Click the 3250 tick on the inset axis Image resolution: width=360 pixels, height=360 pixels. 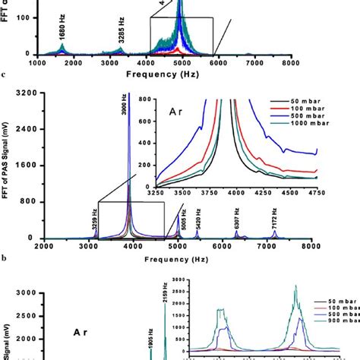click(156, 194)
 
